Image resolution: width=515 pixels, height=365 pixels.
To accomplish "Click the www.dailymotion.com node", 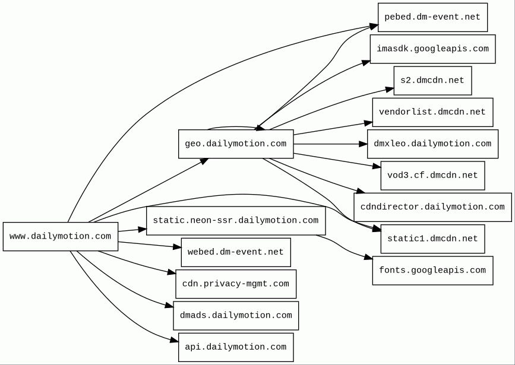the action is coord(61,236).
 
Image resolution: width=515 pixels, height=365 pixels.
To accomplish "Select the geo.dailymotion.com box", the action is coord(236,144).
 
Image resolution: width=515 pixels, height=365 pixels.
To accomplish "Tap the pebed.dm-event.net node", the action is coord(432,17).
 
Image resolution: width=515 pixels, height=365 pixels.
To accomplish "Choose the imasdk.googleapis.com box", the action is coord(432,49).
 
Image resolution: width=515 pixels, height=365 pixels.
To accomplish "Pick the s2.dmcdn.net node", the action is coord(432,81).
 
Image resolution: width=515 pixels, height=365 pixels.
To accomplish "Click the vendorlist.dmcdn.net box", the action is coord(432,112).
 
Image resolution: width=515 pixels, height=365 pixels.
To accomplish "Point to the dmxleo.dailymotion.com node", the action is coord(432,144).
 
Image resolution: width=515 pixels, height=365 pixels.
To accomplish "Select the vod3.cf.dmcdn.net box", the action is coord(432,175).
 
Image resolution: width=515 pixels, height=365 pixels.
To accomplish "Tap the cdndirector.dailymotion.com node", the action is coord(432,207).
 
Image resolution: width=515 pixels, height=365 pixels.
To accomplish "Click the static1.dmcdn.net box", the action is coord(432,239).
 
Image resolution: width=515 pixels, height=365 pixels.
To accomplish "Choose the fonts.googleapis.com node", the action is coord(432,271).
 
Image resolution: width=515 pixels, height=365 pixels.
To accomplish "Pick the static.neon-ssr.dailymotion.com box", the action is coord(236,221).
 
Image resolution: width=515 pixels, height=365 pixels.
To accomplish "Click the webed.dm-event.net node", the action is coord(236,252).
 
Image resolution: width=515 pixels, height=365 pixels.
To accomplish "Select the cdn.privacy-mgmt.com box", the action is coord(236,284).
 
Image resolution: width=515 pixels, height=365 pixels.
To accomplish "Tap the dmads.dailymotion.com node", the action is coord(236,315).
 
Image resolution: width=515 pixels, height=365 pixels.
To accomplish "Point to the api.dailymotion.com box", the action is coord(236,347).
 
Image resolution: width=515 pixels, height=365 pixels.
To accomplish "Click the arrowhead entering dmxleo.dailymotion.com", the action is coord(364,144).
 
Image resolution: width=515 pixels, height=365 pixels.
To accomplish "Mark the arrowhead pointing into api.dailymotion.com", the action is coord(175,340).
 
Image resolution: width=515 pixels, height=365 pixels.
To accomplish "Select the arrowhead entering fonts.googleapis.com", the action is coord(368,258).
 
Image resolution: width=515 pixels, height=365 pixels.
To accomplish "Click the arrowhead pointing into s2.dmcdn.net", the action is coord(390,89).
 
